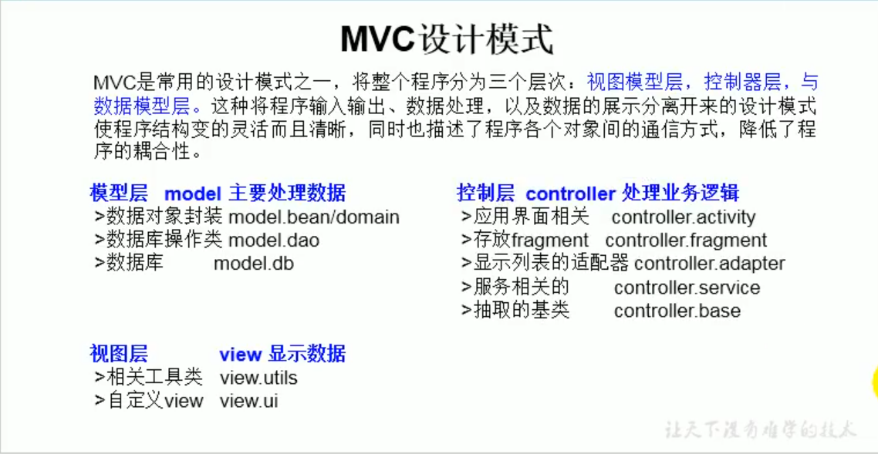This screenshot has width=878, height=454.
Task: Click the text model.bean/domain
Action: click(314, 217)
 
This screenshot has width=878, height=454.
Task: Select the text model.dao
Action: click(274, 240)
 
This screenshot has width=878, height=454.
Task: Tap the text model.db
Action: click(253, 264)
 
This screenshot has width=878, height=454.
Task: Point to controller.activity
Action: click(684, 217)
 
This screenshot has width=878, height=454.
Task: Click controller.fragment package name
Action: click(686, 240)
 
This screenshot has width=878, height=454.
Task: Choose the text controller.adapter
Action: click(709, 264)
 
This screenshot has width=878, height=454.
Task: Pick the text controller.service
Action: click(687, 288)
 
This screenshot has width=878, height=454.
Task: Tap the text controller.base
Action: click(677, 311)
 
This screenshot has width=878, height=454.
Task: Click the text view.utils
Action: click(258, 378)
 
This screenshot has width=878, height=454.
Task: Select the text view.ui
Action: click(248, 401)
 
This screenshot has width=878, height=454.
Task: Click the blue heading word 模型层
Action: click(119, 193)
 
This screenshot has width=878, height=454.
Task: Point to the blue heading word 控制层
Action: click(485, 193)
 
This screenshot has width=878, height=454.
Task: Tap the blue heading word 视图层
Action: click(119, 354)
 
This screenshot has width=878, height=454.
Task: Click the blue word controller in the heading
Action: click(570, 193)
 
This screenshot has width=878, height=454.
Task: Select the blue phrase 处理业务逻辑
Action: click(680, 193)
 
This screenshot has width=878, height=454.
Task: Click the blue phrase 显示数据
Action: click(307, 354)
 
